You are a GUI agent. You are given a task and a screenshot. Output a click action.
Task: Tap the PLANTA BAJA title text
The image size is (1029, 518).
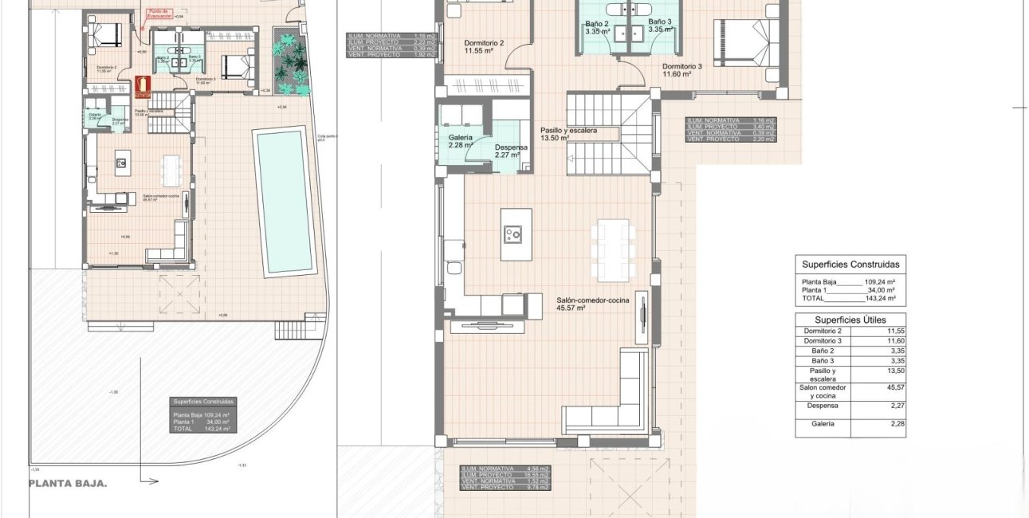pyautogui.click(x=68, y=483)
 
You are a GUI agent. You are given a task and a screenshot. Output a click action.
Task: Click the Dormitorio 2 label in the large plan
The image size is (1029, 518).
pyautogui.click(x=484, y=44)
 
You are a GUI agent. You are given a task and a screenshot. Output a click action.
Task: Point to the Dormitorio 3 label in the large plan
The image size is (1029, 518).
pyautogui.click(x=681, y=67)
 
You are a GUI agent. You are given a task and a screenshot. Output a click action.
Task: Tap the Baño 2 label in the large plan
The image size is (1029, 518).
pyautogui.click(x=596, y=22)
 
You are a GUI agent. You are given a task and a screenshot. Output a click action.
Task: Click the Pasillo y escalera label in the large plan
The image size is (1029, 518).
pyautogui.click(x=568, y=133)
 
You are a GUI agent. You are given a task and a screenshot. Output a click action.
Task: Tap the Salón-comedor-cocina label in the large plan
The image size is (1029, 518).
pyautogui.click(x=593, y=300)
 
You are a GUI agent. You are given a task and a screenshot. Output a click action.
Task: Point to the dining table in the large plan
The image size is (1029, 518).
pyautogui.click(x=613, y=246)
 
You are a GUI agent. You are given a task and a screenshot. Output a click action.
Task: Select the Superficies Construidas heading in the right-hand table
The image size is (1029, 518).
pyautogui.click(x=850, y=264)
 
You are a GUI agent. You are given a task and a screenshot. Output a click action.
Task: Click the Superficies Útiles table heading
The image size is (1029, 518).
pyautogui.click(x=850, y=320)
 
